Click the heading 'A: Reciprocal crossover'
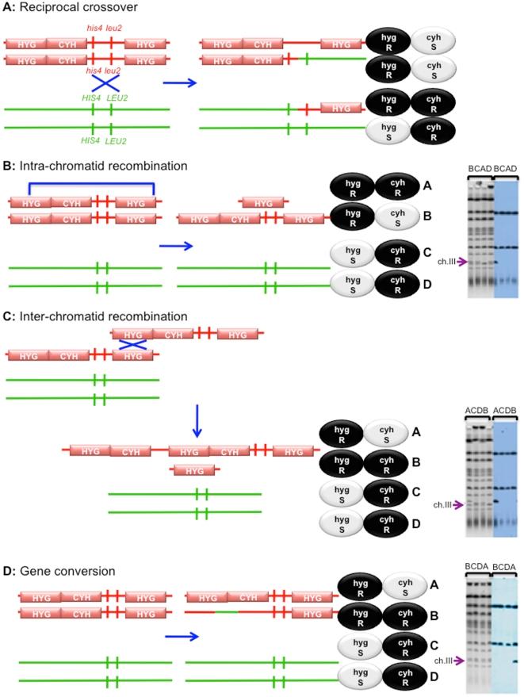point(62,9)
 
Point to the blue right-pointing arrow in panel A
point(175,81)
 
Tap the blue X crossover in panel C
point(130,345)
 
